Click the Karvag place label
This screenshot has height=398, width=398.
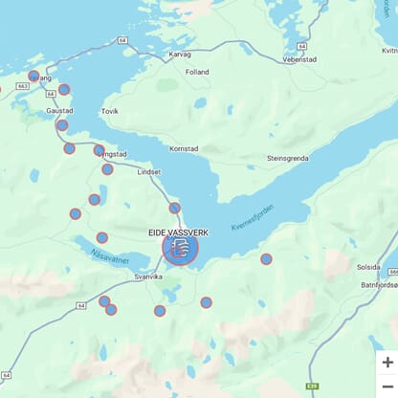[x=180, y=55]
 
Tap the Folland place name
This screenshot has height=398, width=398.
[x=197, y=72]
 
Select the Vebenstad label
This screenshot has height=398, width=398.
[x=298, y=59]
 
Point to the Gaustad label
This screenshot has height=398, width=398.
[x=59, y=110]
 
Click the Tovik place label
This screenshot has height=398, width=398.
[x=110, y=111]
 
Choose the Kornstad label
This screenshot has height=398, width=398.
[x=183, y=149]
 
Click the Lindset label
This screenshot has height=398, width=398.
[x=149, y=172]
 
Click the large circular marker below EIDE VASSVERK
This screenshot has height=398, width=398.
[x=180, y=249]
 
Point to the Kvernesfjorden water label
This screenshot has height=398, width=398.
[x=253, y=221]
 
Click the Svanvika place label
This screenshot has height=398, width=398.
[x=148, y=276]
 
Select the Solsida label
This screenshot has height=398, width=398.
[x=367, y=268]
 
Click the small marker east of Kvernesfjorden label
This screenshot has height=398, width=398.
[x=266, y=258]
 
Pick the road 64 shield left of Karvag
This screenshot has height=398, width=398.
[x=123, y=40]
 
